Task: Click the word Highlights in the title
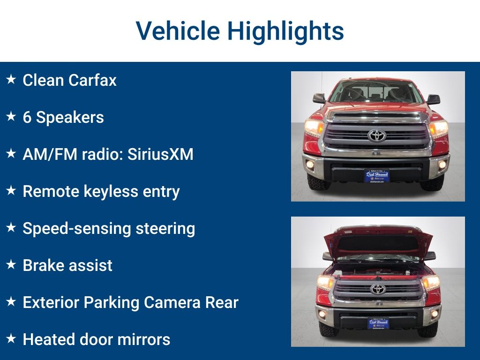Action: click(285, 31)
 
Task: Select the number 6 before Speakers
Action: click(27, 117)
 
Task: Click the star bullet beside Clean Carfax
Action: click(11, 80)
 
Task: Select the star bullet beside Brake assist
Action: click(11, 265)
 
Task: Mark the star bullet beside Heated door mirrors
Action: click(11, 339)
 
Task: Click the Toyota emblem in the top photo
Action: click(377, 135)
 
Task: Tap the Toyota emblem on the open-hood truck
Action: click(378, 289)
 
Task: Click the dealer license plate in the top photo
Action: click(377, 176)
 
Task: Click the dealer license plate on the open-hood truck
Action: click(378, 323)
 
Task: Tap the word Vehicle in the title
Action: click(178, 31)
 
